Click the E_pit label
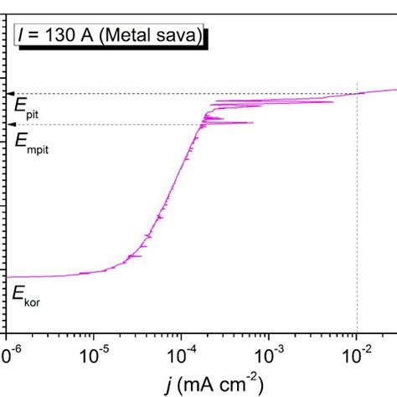click(x=27, y=106)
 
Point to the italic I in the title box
click(x=22, y=36)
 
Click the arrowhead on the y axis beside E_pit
click(x=11, y=94)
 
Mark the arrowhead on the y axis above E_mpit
click(x=11, y=125)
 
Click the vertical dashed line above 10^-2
click(x=358, y=209)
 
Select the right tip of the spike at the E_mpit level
click(x=253, y=123)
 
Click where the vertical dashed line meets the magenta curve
click(x=358, y=93)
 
